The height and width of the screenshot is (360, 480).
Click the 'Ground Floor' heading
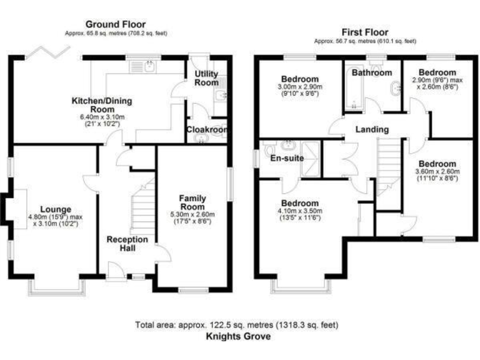[116, 24]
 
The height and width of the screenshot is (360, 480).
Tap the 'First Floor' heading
[364, 32]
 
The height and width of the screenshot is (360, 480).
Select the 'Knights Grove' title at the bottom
[239, 336]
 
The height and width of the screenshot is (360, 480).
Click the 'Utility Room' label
[206, 78]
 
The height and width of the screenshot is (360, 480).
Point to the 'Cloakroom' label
[206, 130]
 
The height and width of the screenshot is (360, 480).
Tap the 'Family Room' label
[192, 202]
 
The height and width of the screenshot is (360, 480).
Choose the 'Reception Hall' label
[127, 244]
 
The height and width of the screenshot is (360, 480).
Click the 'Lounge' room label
[56, 209]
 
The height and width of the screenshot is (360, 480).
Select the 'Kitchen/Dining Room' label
[101, 104]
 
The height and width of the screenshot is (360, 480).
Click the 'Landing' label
[372, 129]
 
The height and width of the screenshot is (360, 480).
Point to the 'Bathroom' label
[371, 72]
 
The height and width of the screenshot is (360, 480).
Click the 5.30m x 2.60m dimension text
[192, 214]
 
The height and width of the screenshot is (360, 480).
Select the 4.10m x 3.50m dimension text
[299, 212]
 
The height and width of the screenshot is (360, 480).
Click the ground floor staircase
[142, 206]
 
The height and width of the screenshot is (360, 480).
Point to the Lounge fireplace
[14, 206]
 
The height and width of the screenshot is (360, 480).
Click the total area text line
[237, 325]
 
